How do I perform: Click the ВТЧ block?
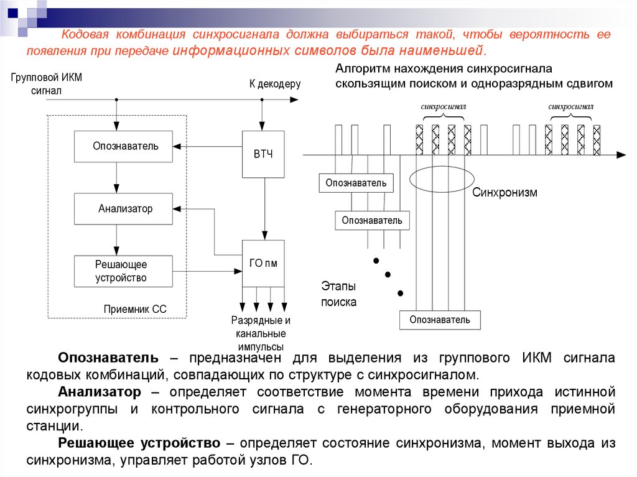tap(263, 154)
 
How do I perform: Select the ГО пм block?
tap(263, 263)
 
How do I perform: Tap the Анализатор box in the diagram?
tap(124, 209)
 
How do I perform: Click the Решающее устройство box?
tap(124, 271)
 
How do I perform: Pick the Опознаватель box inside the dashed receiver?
tap(124, 146)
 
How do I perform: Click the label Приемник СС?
tap(135, 309)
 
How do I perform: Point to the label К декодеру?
tap(275, 84)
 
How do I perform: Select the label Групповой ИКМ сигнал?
tap(46, 84)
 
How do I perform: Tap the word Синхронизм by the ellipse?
tap(504, 192)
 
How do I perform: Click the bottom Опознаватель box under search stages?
tap(440, 320)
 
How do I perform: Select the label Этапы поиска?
tap(339, 294)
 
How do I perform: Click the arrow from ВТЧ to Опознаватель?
tap(208, 146)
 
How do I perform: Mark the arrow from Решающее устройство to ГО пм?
tap(208, 271)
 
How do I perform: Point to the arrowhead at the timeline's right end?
tap(621, 155)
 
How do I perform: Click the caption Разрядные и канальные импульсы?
tap(261, 333)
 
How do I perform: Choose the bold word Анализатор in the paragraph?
tap(100, 392)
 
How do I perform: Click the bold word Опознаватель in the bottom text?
tap(108, 358)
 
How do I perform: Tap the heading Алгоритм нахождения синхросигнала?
tap(444, 68)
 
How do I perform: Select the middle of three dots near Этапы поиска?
tap(388, 275)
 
